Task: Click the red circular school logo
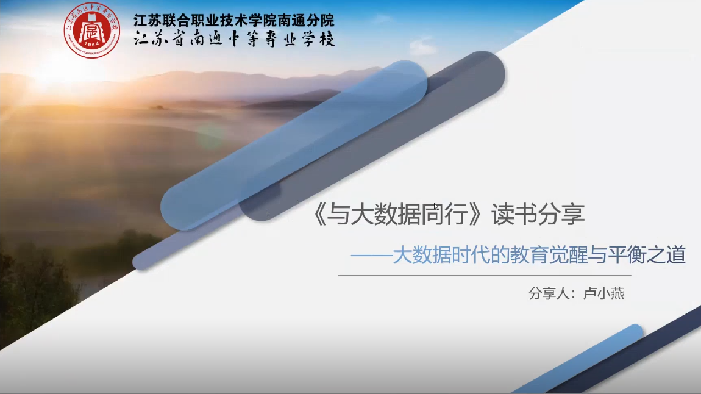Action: coord(91,30)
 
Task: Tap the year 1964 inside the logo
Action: coord(91,45)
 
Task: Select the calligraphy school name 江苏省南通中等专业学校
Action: coord(234,40)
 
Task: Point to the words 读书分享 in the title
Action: coord(538,214)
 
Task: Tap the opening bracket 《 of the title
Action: coord(319,214)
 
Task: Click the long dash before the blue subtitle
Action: coord(371,256)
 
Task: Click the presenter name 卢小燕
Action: coord(604,293)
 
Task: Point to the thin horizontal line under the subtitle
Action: coord(485,276)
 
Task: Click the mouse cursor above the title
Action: coord(436,206)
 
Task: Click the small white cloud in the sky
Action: coord(422,46)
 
